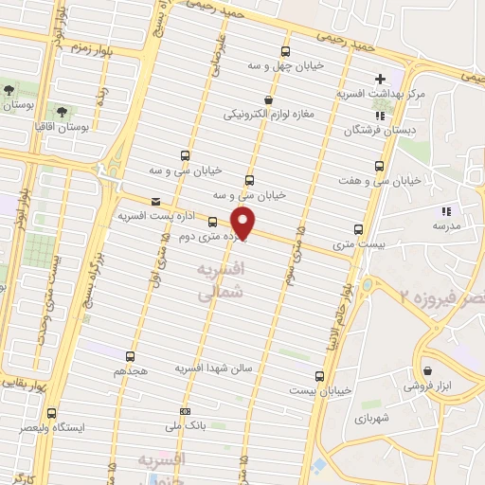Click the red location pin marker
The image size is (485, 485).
pyautogui.click(x=244, y=224)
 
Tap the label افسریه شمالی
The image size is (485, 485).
pyautogui.click(x=221, y=283)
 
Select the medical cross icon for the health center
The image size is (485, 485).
pyautogui.click(x=380, y=78)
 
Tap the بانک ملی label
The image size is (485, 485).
pyautogui.click(x=185, y=427)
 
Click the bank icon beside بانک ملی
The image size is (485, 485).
pyautogui.click(x=185, y=411)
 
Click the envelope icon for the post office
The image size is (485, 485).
pyautogui.click(x=156, y=200)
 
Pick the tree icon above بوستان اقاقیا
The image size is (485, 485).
pyautogui.click(x=66, y=110)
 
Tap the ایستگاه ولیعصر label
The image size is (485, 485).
pyautogui.click(x=51, y=428)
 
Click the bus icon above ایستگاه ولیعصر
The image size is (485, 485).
pyautogui.click(x=50, y=413)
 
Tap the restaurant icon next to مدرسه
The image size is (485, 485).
pyautogui.click(x=445, y=211)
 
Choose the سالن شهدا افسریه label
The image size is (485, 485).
pyautogui.click(x=214, y=368)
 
